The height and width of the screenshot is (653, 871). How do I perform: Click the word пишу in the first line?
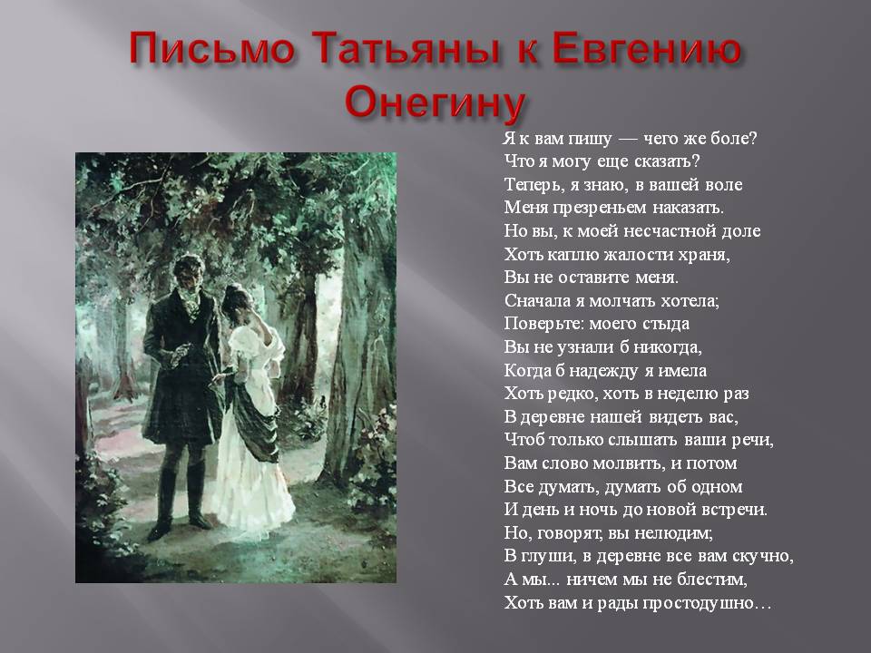[592, 139]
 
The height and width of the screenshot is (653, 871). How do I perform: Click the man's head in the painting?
[189, 273]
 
